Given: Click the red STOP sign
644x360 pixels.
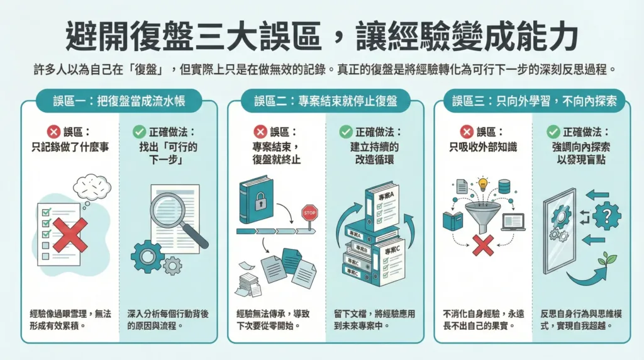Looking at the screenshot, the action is point(309,213).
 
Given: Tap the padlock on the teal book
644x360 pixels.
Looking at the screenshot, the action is point(260,201).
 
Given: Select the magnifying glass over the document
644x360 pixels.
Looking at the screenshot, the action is point(177,218).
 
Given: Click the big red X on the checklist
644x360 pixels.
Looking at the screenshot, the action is point(70,235).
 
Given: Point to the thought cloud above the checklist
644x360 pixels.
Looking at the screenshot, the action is point(92,187).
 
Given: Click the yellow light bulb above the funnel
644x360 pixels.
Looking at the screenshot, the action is point(483,184).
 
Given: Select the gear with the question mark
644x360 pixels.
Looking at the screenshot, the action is point(606,215).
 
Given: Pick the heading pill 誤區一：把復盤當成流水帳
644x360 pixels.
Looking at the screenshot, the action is point(119,101).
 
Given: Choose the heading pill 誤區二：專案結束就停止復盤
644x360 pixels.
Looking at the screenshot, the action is point(326,101).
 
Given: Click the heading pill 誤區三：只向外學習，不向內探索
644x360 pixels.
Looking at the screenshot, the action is point(535,101).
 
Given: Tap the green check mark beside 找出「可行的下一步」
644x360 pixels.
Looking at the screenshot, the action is point(139,132).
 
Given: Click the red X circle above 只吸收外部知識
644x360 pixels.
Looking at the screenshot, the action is point(467,132).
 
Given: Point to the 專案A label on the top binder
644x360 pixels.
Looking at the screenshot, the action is point(386,195).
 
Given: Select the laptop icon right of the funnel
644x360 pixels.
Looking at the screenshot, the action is point(513,222).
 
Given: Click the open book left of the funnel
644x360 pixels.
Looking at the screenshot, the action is point(453,221).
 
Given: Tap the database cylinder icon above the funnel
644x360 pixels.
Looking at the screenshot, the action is point(504,186).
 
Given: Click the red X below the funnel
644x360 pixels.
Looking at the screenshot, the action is point(483,245).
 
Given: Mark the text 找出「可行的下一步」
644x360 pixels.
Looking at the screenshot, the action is point(169,153).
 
